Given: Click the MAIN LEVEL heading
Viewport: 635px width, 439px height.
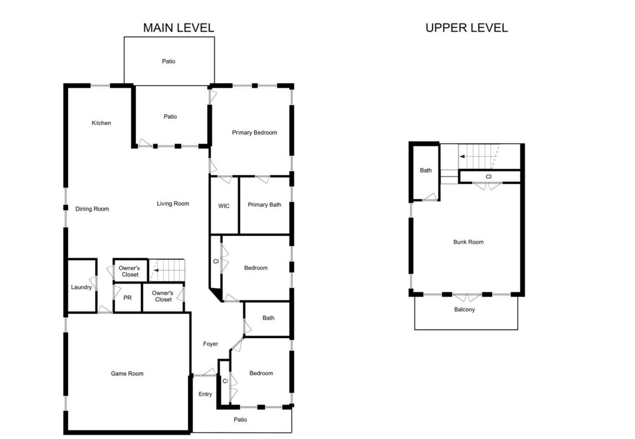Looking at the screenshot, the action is click(x=178, y=28).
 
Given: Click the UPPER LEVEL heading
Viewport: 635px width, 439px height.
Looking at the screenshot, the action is click(x=467, y=28).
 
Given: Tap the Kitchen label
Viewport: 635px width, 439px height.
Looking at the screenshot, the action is click(x=101, y=123).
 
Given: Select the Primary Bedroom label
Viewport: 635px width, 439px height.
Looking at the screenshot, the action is click(x=255, y=133).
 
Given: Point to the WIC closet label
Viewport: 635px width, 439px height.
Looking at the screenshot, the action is click(x=224, y=206).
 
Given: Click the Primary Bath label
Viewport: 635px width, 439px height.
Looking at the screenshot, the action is click(x=264, y=205).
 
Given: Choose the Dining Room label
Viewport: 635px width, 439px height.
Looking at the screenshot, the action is click(x=92, y=209).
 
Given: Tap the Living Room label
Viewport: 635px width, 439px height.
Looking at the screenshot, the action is click(x=173, y=204).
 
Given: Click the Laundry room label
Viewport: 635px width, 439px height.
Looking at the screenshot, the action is click(x=81, y=287).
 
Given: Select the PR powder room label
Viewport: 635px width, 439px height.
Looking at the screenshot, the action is click(x=128, y=298).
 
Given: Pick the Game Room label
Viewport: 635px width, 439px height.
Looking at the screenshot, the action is click(x=127, y=374).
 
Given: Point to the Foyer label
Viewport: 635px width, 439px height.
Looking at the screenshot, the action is click(x=211, y=344).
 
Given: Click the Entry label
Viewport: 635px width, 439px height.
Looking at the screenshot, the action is click(x=205, y=395).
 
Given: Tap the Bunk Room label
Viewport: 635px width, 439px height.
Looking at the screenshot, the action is click(x=469, y=242).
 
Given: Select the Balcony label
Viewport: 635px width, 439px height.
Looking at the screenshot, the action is click(x=465, y=310).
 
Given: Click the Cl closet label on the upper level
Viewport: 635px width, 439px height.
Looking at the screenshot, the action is click(x=489, y=177).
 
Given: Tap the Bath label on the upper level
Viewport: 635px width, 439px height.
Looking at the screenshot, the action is click(x=425, y=171).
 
